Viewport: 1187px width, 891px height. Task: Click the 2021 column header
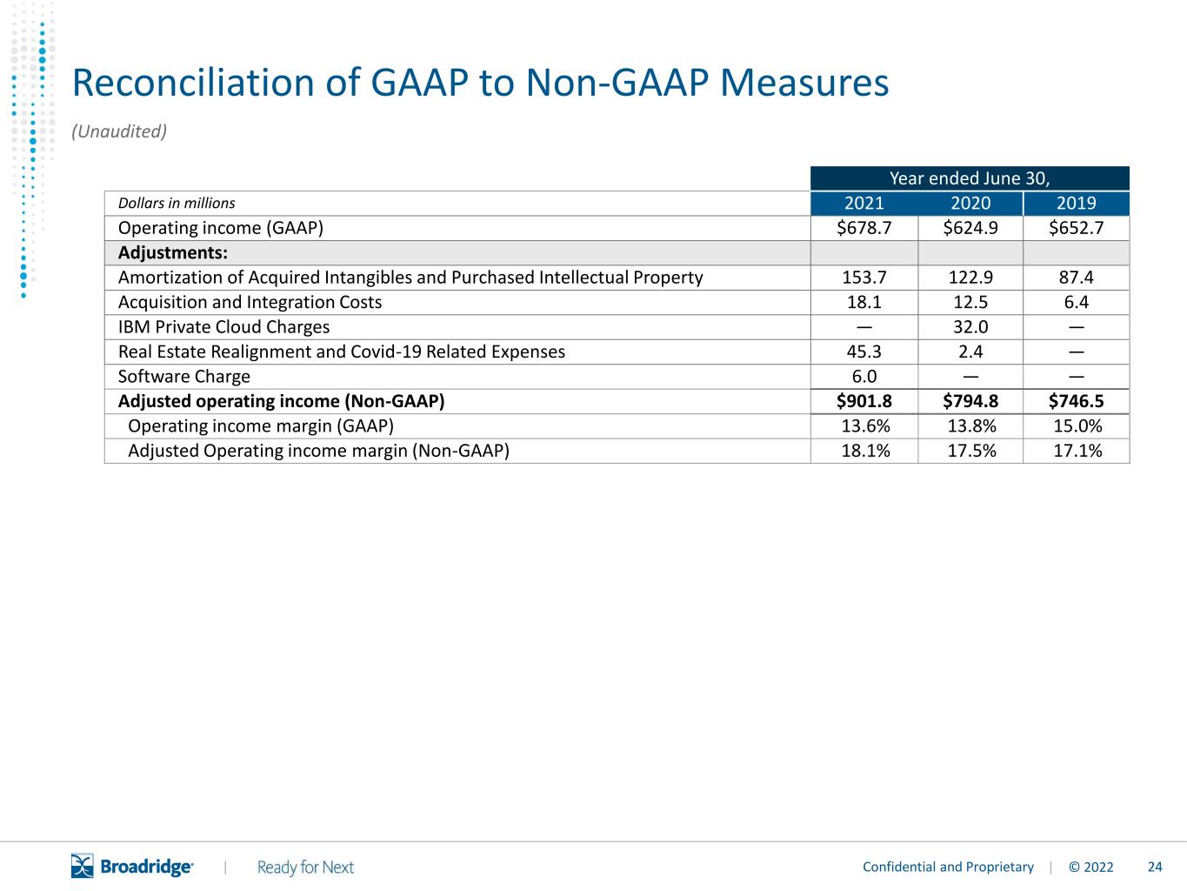point(864,204)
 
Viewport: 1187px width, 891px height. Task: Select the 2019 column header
point(1076,204)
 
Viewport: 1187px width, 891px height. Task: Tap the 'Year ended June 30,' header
point(970,178)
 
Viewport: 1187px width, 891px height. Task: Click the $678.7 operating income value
point(864,228)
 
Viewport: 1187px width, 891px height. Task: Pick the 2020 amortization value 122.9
point(970,278)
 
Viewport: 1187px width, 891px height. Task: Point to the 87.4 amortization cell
point(1076,278)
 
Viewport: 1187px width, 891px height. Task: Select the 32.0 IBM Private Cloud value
point(970,327)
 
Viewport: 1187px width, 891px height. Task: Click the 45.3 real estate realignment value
point(864,352)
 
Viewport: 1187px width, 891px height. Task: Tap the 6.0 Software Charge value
point(864,377)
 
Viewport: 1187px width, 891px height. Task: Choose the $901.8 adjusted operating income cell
point(864,401)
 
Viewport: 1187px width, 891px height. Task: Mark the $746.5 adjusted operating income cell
point(1076,401)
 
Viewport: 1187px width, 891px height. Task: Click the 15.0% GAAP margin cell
point(1077,426)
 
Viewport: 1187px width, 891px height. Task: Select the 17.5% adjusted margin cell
point(971,452)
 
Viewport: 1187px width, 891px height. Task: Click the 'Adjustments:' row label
point(173,253)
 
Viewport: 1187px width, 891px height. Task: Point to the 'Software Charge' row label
point(183,377)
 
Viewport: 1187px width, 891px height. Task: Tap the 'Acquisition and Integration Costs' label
point(250,303)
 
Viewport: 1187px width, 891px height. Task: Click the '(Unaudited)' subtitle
point(119,131)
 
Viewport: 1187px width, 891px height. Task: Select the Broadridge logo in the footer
point(131,866)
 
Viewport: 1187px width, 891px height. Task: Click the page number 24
point(1155,867)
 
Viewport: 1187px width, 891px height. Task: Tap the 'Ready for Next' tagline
point(305,868)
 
